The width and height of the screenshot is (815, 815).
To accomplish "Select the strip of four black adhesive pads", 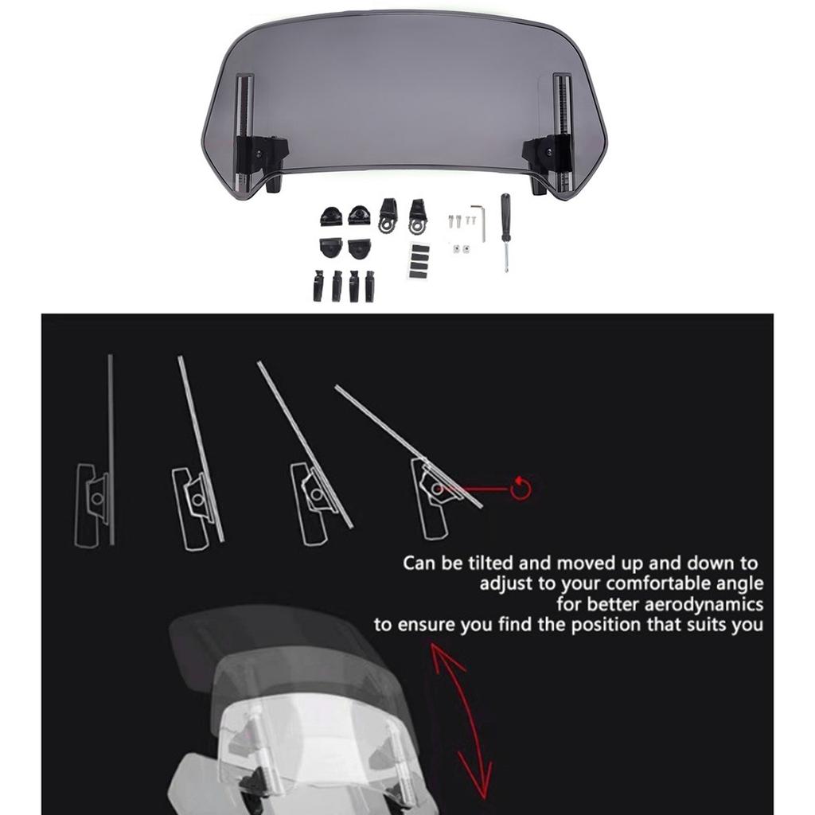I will tap(419, 261).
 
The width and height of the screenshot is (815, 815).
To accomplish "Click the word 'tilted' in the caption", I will tap(489, 563).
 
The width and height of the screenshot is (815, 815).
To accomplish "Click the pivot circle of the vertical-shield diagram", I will tap(96, 498).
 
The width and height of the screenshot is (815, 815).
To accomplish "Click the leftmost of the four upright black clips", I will tap(318, 286).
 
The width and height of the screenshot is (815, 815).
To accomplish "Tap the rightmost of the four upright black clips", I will tap(369, 286).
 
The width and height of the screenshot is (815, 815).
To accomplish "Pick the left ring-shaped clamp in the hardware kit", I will tap(388, 216).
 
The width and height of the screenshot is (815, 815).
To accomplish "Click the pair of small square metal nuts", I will tap(459, 249).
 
